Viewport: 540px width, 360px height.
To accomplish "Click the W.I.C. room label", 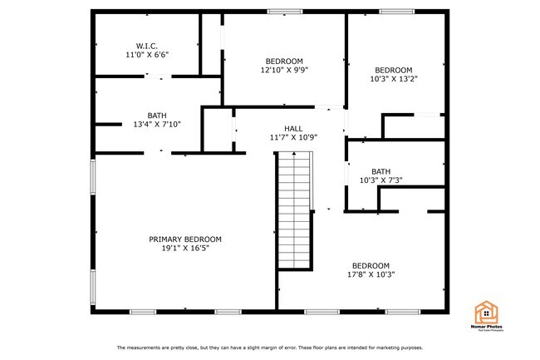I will (x=147, y=46).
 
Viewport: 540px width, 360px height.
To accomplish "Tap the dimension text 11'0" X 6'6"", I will (x=147, y=55).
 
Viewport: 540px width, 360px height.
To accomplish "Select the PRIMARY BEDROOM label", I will (x=185, y=239).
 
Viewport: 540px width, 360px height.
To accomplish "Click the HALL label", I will (x=293, y=128).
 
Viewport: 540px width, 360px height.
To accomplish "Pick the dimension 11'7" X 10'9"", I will (x=293, y=137).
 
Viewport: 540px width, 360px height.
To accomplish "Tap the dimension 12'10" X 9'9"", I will (x=284, y=71).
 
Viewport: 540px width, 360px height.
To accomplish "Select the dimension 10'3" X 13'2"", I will (x=394, y=80).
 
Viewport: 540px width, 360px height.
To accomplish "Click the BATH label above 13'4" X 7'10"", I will (x=157, y=116).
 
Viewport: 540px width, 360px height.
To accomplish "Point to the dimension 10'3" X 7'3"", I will (x=381, y=180).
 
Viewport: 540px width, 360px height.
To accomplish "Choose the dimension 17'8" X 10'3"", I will (x=371, y=274).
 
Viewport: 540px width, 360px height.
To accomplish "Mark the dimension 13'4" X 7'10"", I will (x=157, y=125).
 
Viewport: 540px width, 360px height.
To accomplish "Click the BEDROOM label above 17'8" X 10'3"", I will (x=371, y=265).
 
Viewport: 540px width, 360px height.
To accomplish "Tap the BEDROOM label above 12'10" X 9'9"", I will (x=284, y=62).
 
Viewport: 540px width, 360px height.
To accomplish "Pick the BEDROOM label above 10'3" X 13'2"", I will (x=394, y=71).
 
